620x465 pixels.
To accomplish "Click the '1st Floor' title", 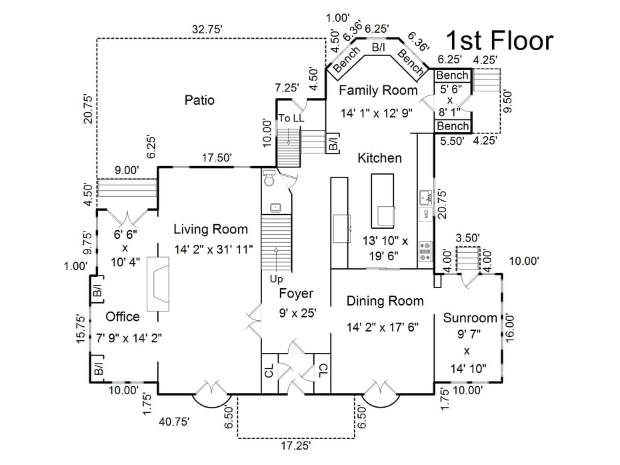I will click(x=499, y=41).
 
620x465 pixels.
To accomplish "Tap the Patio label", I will click(x=199, y=100).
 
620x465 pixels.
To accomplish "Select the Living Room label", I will click(x=211, y=229).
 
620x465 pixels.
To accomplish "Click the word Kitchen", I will click(x=379, y=158).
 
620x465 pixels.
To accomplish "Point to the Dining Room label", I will click(x=385, y=301).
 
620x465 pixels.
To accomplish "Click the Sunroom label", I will click(x=470, y=318).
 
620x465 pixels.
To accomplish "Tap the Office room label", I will click(x=123, y=316).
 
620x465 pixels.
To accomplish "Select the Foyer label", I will click(x=296, y=294).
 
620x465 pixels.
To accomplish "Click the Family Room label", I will click(x=378, y=90).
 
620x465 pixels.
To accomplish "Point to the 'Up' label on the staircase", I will click(x=276, y=278).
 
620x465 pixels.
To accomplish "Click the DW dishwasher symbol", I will click(x=424, y=215).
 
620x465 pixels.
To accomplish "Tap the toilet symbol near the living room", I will click(x=270, y=179).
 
